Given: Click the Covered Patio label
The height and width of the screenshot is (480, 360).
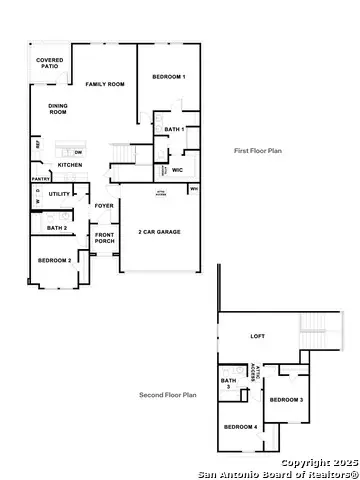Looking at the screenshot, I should coord(50,63).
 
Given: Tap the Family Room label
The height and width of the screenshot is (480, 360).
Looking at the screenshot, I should coord(104,85).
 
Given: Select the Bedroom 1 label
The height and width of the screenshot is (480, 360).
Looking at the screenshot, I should coord(168,77).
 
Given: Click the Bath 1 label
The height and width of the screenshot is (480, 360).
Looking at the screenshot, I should coord(175,129).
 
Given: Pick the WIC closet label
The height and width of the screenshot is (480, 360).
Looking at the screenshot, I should coord(177,170).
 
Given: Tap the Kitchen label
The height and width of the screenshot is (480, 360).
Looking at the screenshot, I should coord(69,164).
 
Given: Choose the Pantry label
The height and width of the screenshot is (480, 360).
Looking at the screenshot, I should coord(41,179).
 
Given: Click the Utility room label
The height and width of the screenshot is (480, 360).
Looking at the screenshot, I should coord(59,194).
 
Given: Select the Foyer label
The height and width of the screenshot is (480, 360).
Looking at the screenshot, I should coord(104,206).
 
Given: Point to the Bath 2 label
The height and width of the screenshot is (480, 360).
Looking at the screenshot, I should coord(57,229).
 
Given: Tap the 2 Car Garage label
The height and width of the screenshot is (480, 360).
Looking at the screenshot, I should coord(159,231).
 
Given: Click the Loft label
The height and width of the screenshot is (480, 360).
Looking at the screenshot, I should coord(257,336).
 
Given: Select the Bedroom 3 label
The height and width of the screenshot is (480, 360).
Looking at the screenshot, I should coord(286,400).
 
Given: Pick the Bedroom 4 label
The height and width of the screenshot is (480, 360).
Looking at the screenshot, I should coord(240,427).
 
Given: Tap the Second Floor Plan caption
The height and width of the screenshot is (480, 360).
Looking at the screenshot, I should coord(167,395).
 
